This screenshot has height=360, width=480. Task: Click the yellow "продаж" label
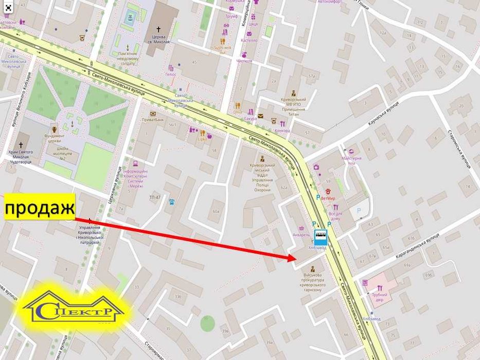(x=39, y=208)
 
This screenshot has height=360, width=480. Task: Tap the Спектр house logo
(x=74, y=309)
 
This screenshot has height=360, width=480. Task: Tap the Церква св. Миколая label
(x=158, y=39)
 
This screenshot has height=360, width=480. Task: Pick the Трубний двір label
(x=379, y=297)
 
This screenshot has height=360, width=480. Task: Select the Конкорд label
(x=282, y=131)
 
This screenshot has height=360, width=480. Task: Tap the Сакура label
(x=250, y=119)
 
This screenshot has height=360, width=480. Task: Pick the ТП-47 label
(x=155, y=197)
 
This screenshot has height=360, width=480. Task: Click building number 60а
(x=217, y=211)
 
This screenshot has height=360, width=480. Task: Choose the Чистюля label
(x=244, y=60)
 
